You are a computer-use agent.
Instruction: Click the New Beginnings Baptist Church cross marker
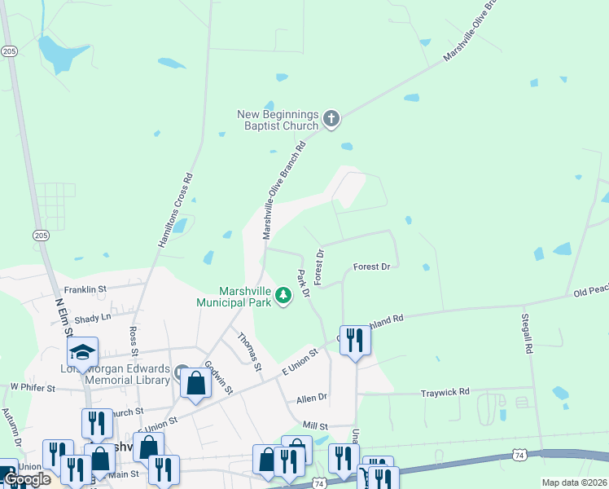point(331,120)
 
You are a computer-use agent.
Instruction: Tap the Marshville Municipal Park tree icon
point(283,295)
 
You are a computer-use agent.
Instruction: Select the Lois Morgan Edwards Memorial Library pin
point(181,372)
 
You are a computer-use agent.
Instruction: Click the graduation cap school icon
point(82,352)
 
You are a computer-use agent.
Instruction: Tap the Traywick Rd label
point(445,392)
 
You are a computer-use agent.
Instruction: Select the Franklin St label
point(85,289)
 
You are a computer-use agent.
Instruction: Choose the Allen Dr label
point(311,398)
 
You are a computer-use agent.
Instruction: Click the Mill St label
point(314,425)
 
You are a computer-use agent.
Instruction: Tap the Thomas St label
point(249,351)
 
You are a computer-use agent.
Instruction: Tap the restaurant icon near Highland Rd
point(355,340)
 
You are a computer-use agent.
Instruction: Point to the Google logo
point(27,480)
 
